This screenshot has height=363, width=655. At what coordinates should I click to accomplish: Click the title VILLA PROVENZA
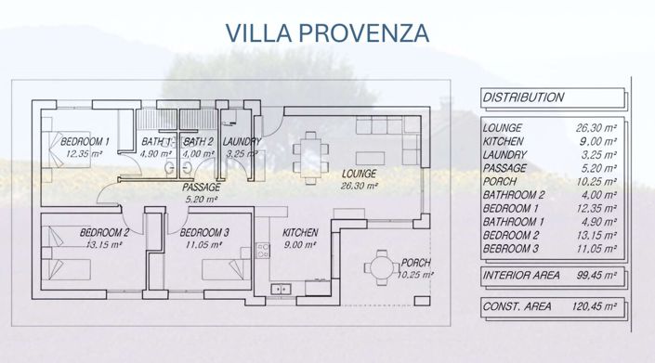[x=327, y=33]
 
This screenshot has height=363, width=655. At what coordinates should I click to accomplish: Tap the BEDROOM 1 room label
[x=85, y=142]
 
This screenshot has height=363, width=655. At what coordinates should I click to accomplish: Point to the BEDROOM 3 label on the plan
[x=203, y=232]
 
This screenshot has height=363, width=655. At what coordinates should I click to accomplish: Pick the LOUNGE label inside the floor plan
[x=358, y=174]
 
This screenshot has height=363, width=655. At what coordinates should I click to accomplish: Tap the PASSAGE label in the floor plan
[x=201, y=187]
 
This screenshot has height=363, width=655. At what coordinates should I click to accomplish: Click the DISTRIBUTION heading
[x=523, y=97]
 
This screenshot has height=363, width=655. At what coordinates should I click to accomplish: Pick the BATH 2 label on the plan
[x=198, y=142]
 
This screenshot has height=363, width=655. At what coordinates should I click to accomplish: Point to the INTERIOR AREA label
[x=522, y=276]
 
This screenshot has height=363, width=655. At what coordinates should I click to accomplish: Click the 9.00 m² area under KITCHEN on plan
[x=300, y=245]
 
